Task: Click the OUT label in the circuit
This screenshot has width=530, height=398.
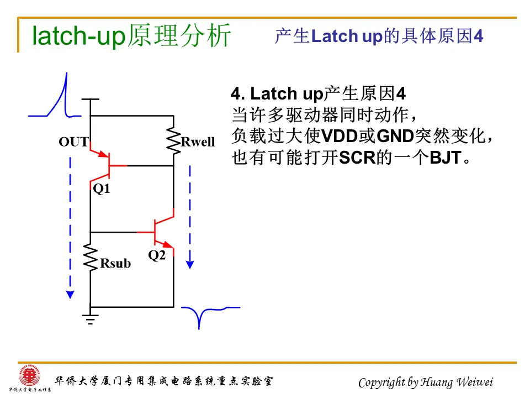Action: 73,142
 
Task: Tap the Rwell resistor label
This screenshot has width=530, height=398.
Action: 198,142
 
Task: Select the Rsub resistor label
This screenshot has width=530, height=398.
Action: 115,263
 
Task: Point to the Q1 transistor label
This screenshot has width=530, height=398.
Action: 102,189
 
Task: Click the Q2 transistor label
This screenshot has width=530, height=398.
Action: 157,255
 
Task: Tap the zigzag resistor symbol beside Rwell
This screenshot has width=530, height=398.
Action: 173,140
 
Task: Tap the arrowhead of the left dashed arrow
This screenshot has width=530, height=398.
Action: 70,294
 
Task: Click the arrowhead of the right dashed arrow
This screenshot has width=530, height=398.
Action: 190,264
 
